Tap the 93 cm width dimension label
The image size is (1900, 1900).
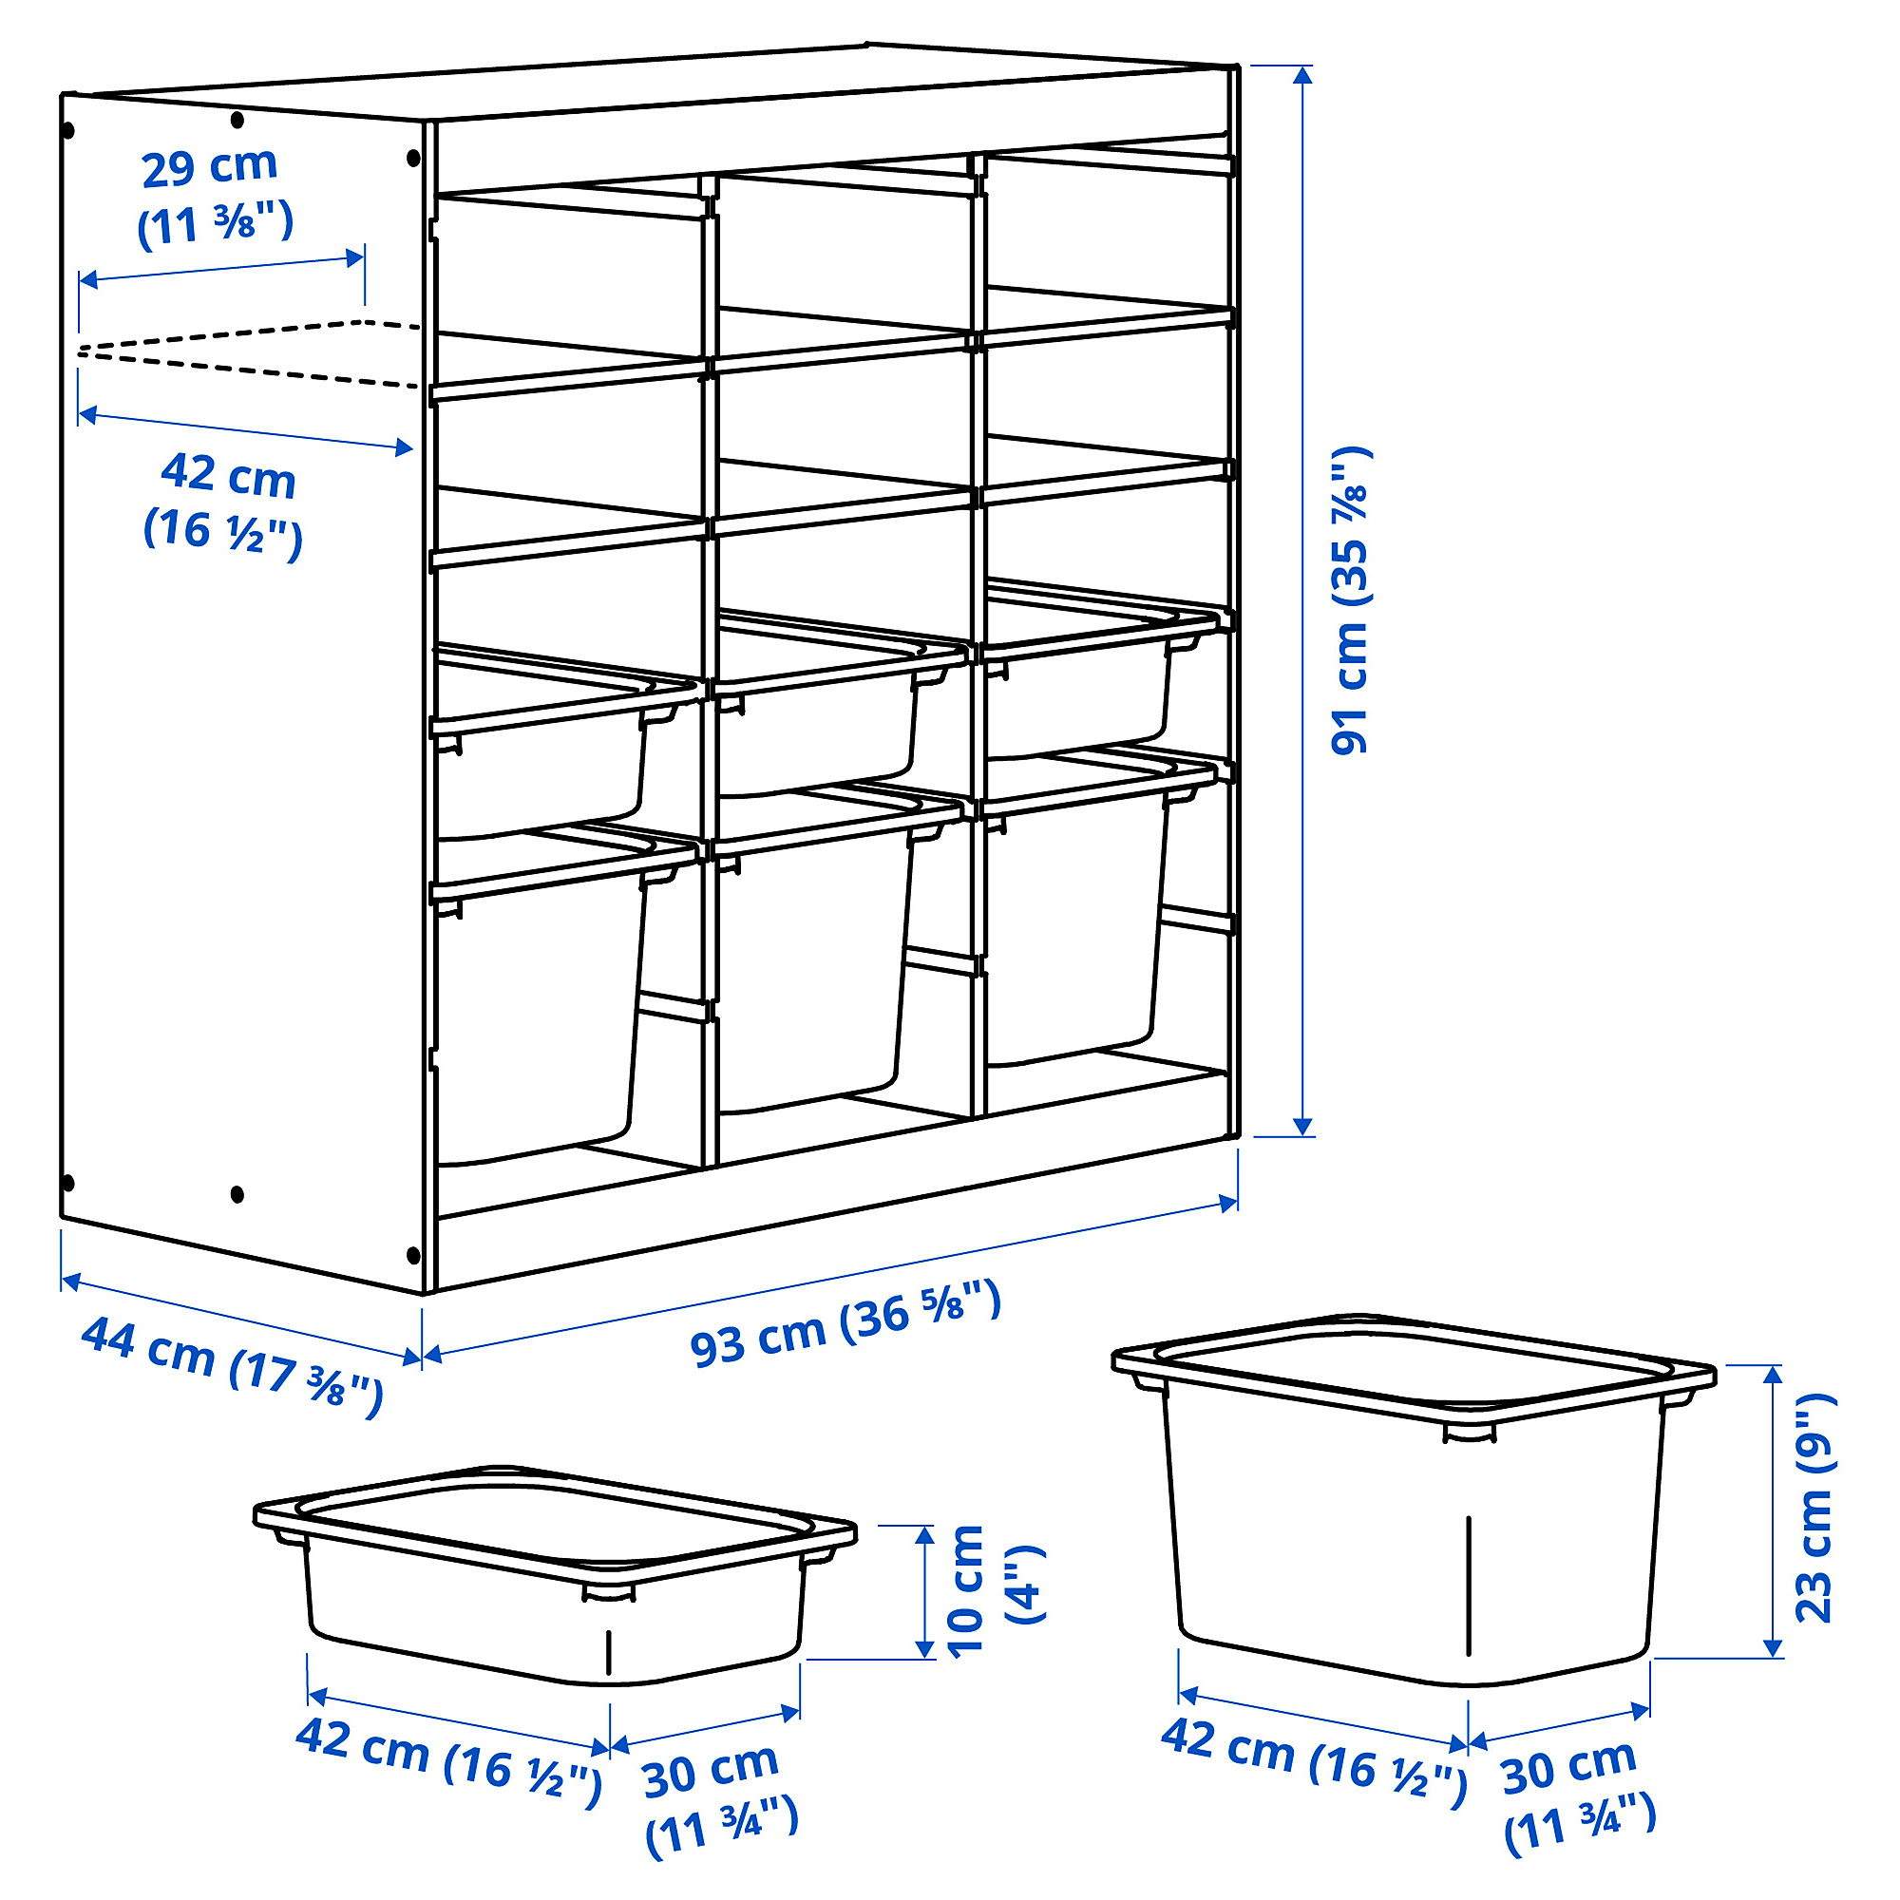(x=845, y=1323)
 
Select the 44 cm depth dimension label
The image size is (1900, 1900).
(x=232, y=1366)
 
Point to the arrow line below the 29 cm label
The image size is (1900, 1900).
(x=221, y=269)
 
